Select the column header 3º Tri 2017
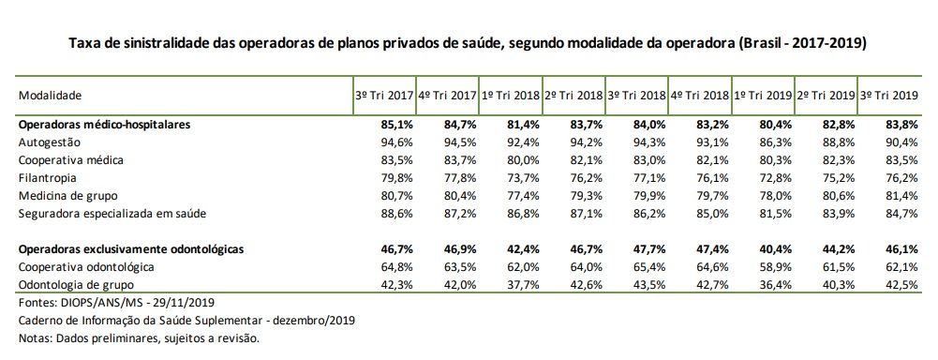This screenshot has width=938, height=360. pos(383,96)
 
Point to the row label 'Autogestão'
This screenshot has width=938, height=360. pos(51,142)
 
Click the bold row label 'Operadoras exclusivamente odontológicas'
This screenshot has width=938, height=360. pos(131,249)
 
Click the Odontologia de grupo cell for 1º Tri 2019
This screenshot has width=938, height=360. pos(775,285)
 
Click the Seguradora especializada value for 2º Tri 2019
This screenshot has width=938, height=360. pos(838,214)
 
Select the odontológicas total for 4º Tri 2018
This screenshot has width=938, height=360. pos(711,249)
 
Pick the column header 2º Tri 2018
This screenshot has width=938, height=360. pos(573,96)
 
